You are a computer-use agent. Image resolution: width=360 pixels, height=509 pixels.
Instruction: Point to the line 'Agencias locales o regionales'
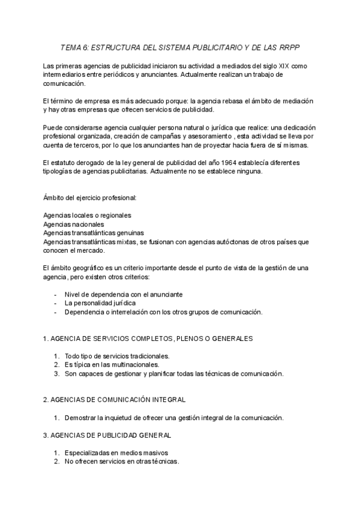[88, 215]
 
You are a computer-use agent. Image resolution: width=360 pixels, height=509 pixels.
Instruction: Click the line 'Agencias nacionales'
[74, 224]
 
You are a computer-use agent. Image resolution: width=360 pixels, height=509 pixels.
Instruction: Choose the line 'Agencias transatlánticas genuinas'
[94, 233]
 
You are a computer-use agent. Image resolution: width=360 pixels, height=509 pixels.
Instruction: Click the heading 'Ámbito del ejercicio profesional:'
[90, 197]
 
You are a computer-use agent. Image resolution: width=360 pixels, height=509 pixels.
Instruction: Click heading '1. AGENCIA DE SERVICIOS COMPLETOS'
[148, 339]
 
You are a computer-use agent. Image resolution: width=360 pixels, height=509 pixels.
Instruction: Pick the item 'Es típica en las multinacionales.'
[112, 364]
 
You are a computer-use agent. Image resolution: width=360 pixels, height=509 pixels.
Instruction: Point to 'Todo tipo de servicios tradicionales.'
[117, 356]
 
